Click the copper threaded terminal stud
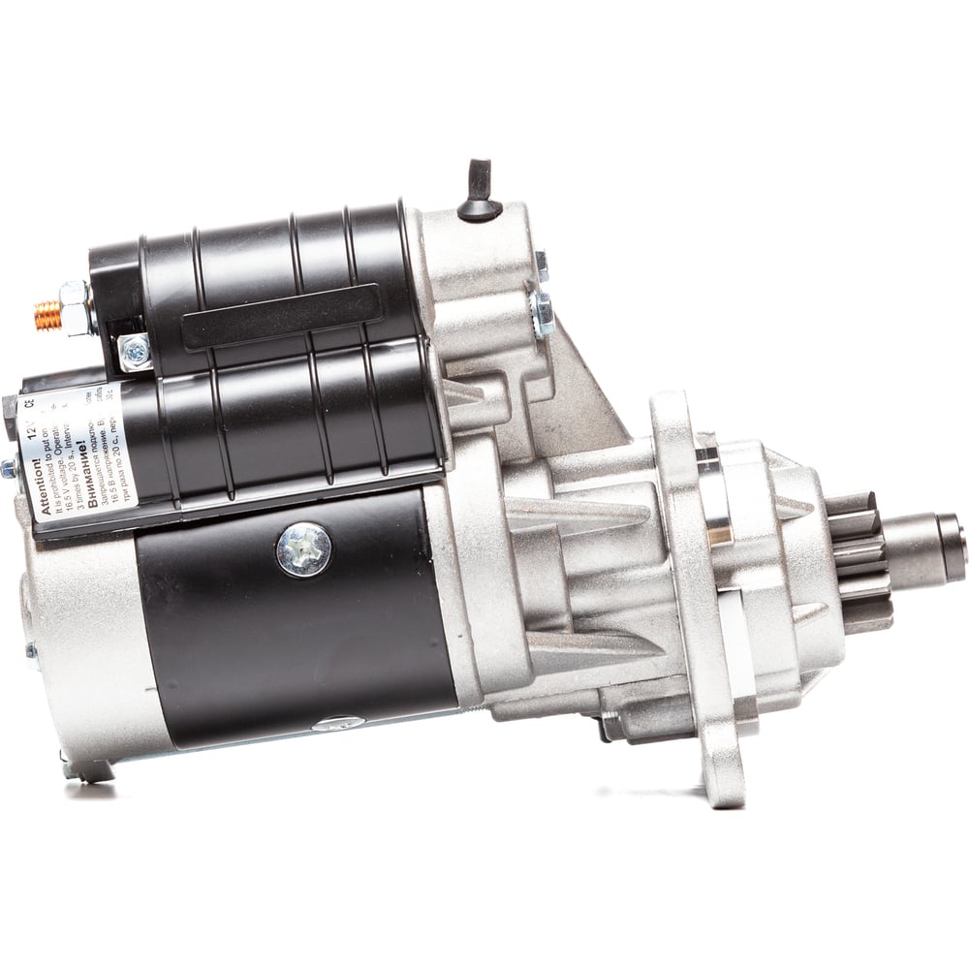click(47, 315)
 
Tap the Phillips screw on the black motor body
click(303, 549)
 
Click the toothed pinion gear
click(859, 561)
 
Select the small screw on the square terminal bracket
click(136, 353)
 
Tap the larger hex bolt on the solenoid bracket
click(542, 312)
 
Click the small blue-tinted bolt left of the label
click(9, 467)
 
